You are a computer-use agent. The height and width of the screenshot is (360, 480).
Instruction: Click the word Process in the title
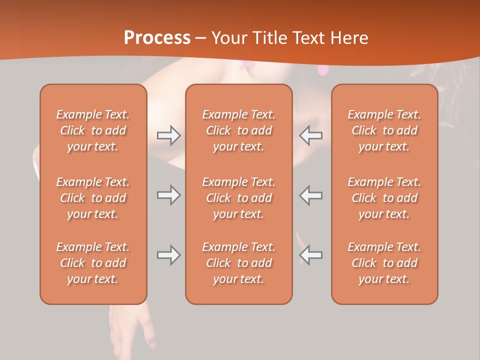[157, 38]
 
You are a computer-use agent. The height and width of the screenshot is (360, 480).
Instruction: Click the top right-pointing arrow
[168, 135]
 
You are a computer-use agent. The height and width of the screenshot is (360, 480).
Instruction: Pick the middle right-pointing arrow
[168, 195]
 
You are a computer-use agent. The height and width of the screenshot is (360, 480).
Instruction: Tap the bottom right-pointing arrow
[168, 255]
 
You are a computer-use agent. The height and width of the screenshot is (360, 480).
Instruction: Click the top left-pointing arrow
[310, 135]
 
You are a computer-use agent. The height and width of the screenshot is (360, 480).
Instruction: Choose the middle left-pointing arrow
[310, 195]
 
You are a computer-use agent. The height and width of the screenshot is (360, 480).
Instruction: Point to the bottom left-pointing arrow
[310, 255]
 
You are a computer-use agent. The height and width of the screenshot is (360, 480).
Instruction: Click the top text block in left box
[93, 130]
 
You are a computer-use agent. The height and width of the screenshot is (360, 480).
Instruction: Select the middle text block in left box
[93, 198]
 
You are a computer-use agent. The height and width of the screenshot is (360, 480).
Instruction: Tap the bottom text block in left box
[93, 263]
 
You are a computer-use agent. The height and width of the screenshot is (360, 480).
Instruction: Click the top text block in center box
[238, 130]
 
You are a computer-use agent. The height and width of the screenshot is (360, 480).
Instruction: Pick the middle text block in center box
[238, 198]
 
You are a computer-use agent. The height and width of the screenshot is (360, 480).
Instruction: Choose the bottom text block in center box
[238, 263]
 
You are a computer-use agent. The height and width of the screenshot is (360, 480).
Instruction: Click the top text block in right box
[384, 130]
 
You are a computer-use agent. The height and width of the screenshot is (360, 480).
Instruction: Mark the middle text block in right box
[384, 198]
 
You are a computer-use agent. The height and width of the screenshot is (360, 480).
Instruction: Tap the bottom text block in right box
[384, 263]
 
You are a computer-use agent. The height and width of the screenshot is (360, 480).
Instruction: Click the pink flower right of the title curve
[323, 70]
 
